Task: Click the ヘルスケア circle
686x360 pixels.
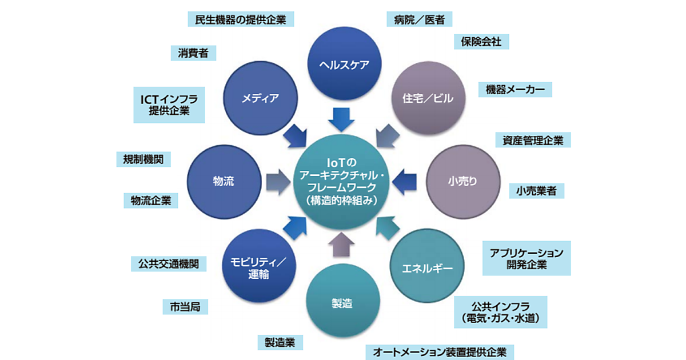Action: click(345, 63)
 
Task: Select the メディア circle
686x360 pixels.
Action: click(261, 97)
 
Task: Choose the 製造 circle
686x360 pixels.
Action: click(342, 302)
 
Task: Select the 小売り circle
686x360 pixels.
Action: click(462, 181)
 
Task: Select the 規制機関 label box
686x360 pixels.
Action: click(143, 159)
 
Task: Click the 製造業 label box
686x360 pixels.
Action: click(280, 342)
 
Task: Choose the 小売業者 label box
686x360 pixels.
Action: click(537, 190)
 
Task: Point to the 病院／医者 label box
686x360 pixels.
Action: click(420, 19)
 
